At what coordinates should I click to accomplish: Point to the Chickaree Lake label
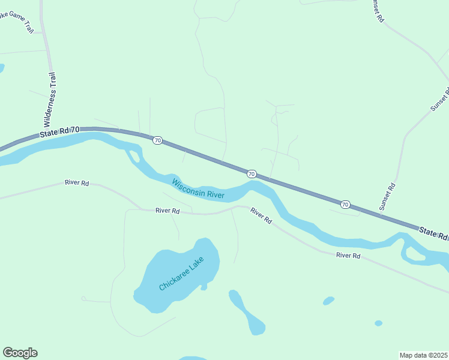pyautogui.click(x=181, y=274)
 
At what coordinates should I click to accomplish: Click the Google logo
pyautogui.click(x=20, y=353)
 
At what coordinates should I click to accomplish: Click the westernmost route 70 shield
pyautogui.click(x=157, y=140)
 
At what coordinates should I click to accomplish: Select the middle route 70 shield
pyautogui.click(x=252, y=174)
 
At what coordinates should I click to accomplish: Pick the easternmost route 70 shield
pyautogui.click(x=345, y=205)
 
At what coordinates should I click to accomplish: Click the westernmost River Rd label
pyautogui.click(x=77, y=182)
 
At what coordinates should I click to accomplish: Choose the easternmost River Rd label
pyautogui.click(x=348, y=256)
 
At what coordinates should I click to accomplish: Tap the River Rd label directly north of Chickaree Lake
pyautogui.click(x=167, y=211)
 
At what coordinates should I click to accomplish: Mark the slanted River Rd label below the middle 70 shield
pyautogui.click(x=261, y=216)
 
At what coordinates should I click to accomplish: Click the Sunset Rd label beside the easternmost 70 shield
pyautogui.click(x=387, y=196)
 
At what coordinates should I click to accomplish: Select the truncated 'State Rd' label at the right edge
pyautogui.click(x=433, y=233)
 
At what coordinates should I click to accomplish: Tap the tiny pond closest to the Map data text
pyautogui.click(x=378, y=323)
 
